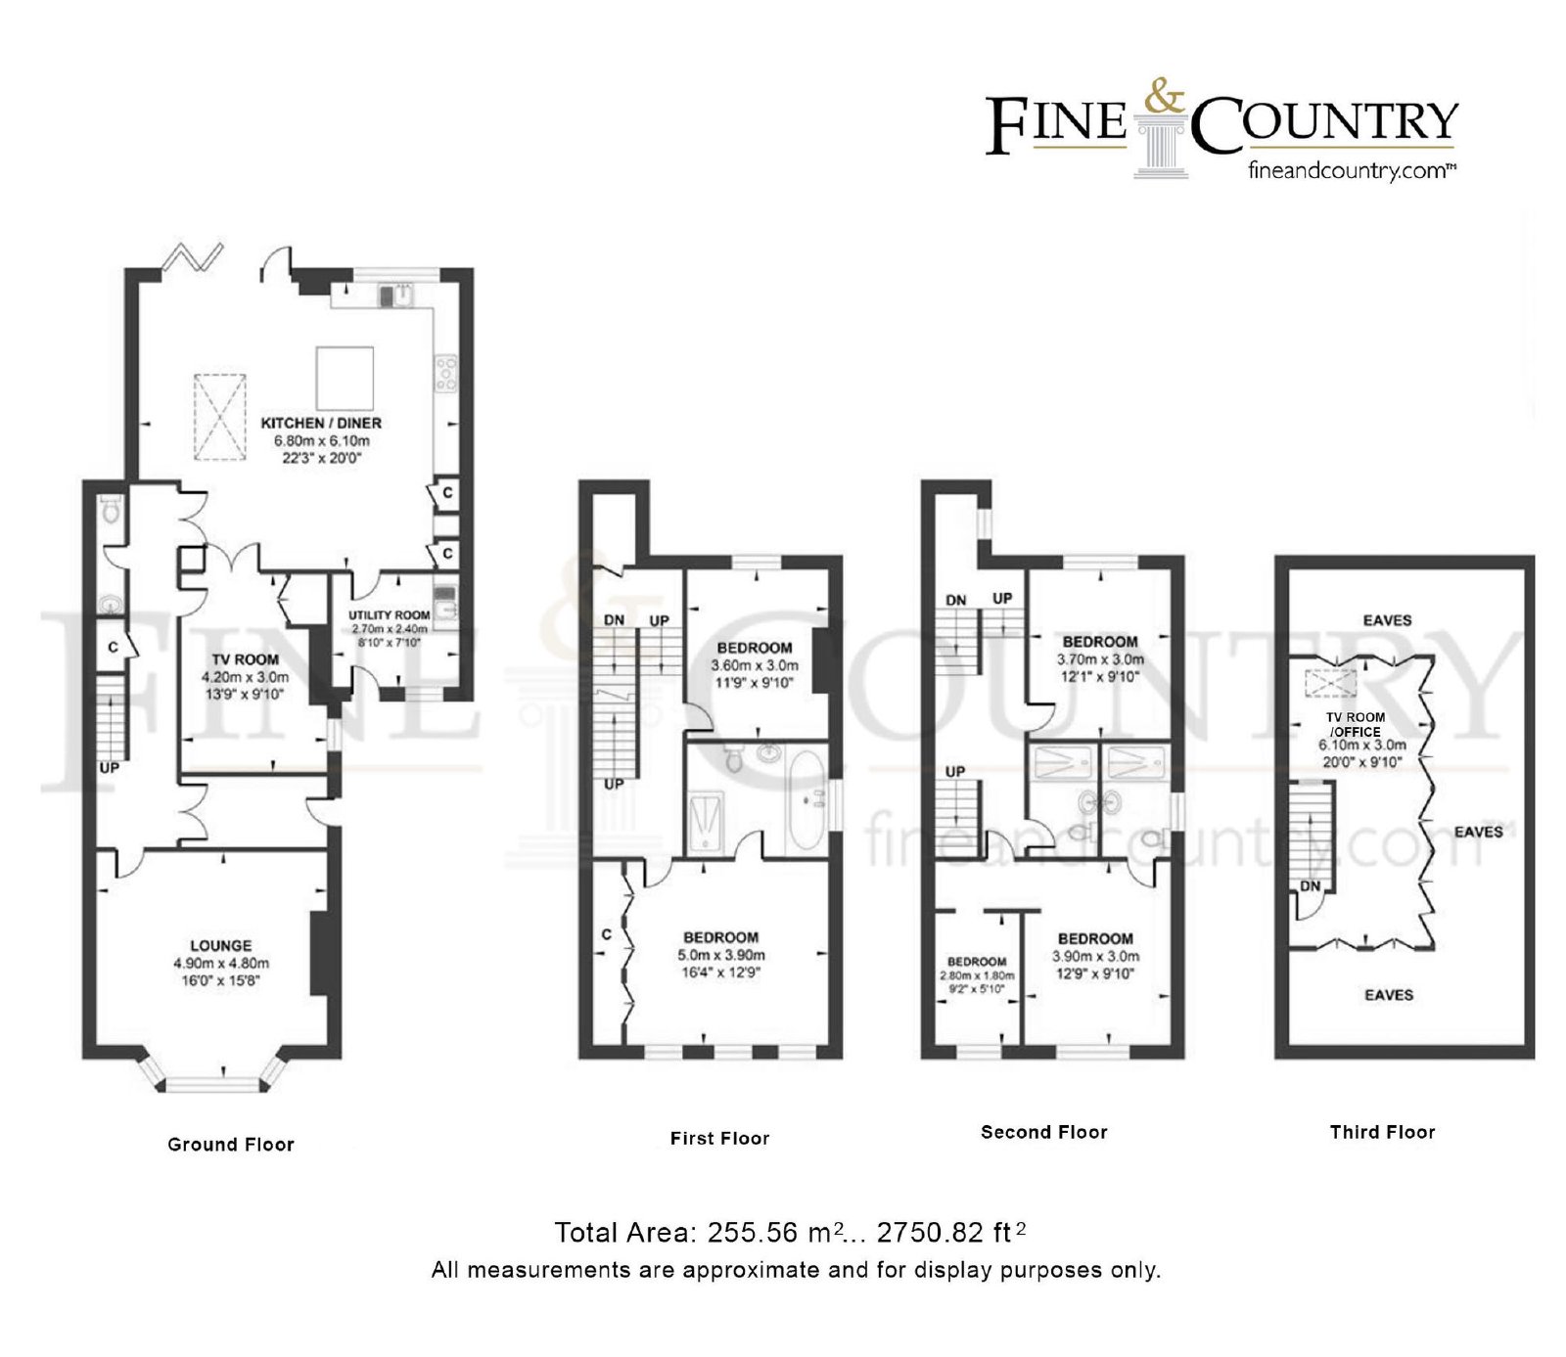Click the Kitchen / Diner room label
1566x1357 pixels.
coord(321,424)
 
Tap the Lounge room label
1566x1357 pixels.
coord(221,946)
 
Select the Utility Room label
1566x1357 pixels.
coord(390,615)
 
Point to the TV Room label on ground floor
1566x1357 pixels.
coord(245,660)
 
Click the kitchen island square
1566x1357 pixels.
coord(345,378)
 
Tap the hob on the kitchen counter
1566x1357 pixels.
coord(445,373)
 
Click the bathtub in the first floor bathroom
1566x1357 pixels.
coord(807,801)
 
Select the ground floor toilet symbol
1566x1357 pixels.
coord(111,510)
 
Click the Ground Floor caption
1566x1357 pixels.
coord(231,1145)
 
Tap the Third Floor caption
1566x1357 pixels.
coord(1382,1132)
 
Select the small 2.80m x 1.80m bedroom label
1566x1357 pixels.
coord(977,962)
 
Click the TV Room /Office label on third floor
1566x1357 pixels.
coord(1356,724)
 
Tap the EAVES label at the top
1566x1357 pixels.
coord(1388,620)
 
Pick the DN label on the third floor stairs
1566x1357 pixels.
coord(1311,886)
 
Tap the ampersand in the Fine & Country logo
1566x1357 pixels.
coord(1163,100)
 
